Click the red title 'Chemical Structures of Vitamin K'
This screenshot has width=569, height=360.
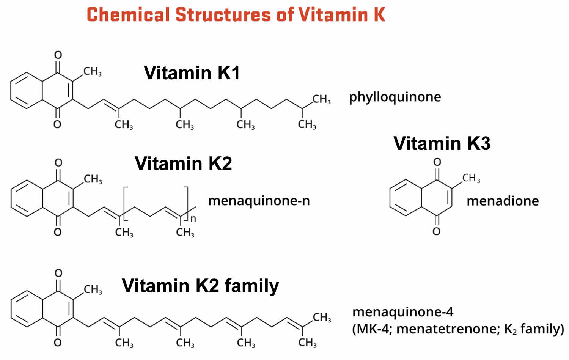click(x=236, y=15)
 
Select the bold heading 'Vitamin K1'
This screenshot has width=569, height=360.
click(x=192, y=73)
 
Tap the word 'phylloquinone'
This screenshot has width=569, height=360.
click(x=395, y=97)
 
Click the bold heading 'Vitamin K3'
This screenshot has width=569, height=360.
click(x=442, y=143)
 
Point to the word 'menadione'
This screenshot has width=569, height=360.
click(x=503, y=201)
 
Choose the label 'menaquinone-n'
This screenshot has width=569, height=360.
click(x=259, y=200)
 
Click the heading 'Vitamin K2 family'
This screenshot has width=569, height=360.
click(x=200, y=286)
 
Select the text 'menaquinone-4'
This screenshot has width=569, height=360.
click(x=403, y=312)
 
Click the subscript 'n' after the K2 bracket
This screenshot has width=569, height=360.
click(x=193, y=219)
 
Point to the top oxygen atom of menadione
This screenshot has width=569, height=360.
click(x=437, y=162)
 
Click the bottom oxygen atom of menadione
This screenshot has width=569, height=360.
click(x=437, y=231)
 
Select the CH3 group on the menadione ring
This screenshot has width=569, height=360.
click(x=471, y=178)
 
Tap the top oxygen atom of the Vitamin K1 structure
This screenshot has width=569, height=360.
click(x=58, y=55)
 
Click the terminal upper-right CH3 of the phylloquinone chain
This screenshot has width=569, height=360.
click(x=322, y=99)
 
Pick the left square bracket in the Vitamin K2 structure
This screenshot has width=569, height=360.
click(x=125, y=203)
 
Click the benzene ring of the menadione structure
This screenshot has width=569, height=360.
click(x=406, y=198)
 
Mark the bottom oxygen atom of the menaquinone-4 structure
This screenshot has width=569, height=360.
click(x=58, y=343)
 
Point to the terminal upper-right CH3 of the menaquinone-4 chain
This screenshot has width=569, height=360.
click(x=322, y=317)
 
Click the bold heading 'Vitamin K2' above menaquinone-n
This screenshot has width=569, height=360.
click(x=183, y=163)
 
